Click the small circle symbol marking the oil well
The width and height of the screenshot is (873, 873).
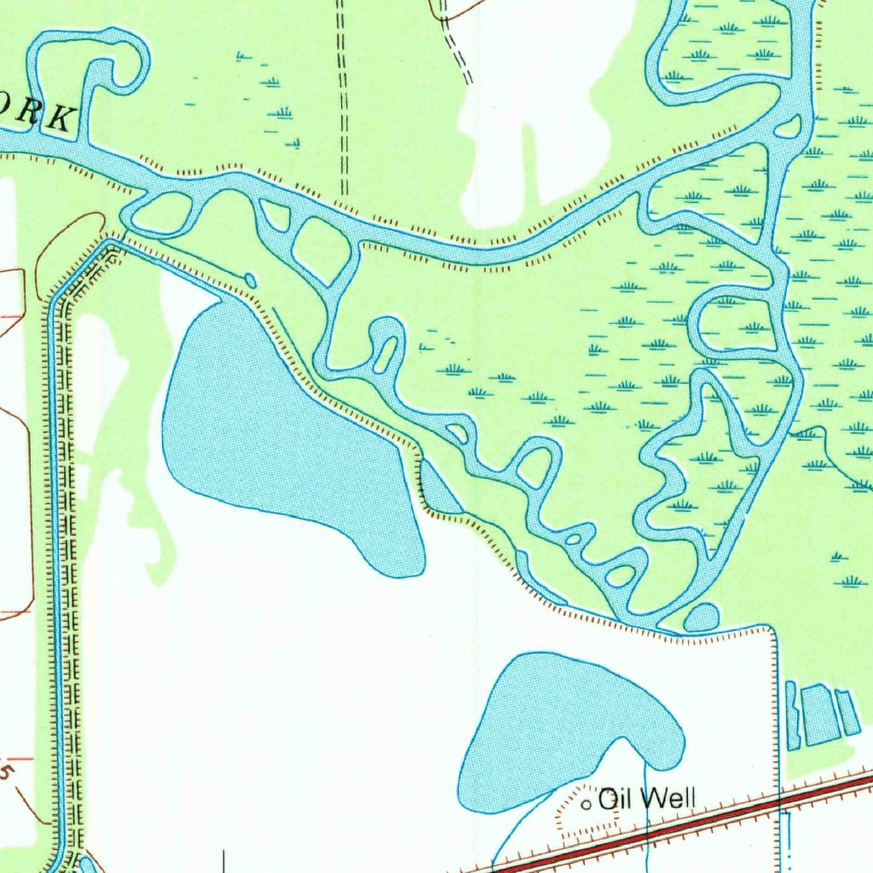(587, 804)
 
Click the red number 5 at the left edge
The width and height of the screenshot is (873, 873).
(7, 772)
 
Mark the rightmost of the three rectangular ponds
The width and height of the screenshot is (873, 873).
(847, 713)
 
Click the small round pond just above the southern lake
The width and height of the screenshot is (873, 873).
(701, 617)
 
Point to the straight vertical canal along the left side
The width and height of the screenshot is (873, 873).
(56, 554)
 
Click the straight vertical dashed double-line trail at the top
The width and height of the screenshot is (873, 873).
(343, 94)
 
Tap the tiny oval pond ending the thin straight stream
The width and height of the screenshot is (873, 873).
(250, 280)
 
